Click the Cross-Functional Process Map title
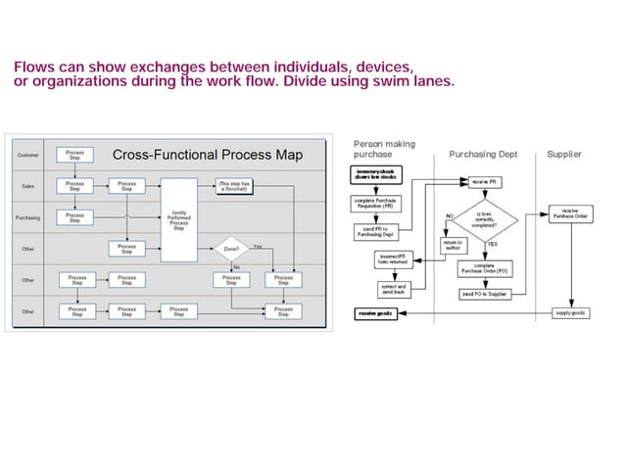point(207,155)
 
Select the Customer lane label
point(29,155)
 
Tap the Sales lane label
point(29,186)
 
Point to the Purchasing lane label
point(29,218)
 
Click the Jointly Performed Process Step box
point(179,218)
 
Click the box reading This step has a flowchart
point(235,185)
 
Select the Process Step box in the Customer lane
point(74,155)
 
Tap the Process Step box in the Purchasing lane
point(74,217)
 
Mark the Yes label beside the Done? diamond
point(257,246)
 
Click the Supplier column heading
point(563,155)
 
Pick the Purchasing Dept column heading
point(482,155)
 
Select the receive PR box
point(483,181)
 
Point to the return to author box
point(452,245)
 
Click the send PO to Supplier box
point(484,294)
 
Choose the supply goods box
point(570,313)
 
